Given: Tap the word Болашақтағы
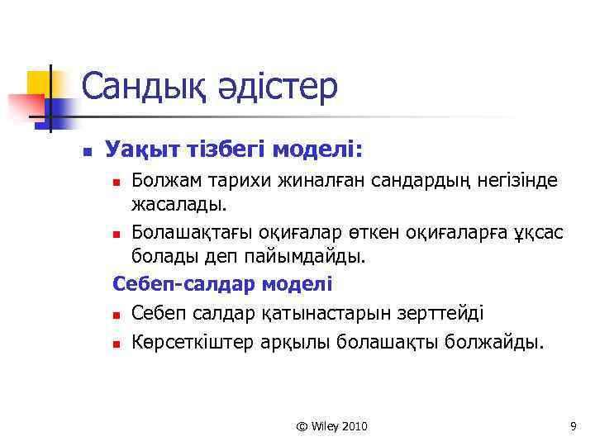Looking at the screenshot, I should pyautogui.click(x=188, y=232).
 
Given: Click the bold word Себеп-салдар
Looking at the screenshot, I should pyautogui.click(x=183, y=284).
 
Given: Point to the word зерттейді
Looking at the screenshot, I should pyautogui.click(x=443, y=313).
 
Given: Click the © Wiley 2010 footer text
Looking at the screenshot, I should pyautogui.click(x=331, y=426).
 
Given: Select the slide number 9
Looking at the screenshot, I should pyautogui.click(x=573, y=426).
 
